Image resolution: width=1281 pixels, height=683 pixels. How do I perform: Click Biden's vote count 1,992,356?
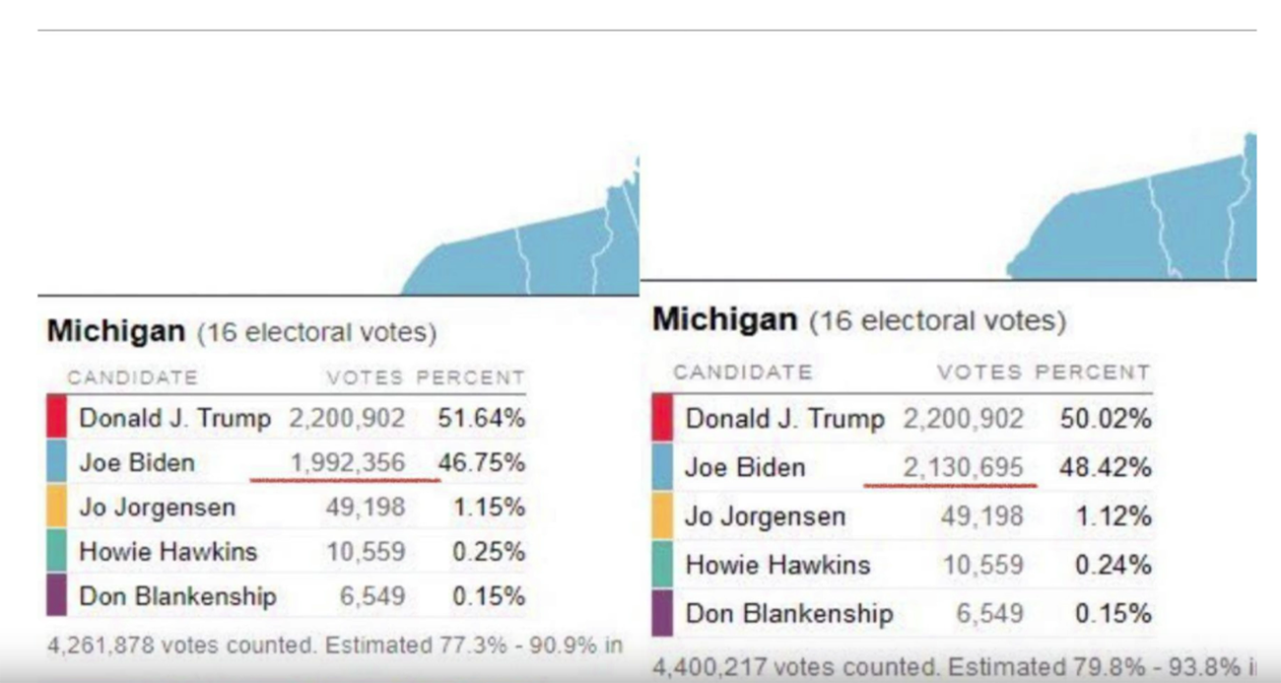coord(347,462)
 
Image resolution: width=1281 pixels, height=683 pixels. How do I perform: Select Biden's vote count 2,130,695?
coord(963,467)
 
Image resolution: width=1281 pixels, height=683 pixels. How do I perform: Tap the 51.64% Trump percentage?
coord(481,418)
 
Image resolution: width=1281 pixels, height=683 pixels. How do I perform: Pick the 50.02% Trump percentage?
coord(1105,419)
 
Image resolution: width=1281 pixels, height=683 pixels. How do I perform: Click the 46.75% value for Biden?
coord(481,462)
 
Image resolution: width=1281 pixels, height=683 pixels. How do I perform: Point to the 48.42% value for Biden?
coord(1105,467)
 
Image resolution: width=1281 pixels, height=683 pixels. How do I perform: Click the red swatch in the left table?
coord(56,417)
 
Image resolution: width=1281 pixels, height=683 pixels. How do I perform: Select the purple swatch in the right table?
coord(662,613)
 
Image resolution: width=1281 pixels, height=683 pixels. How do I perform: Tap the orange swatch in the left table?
coord(56,508)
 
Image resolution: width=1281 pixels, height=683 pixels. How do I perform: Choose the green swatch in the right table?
coord(662,565)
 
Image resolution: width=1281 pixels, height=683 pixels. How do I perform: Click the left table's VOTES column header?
coord(365,377)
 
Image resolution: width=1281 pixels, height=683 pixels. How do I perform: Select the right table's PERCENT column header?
coord(1092,373)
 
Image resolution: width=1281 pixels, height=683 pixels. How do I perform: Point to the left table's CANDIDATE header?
coord(132,377)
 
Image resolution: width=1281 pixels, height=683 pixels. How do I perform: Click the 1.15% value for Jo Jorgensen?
coord(488,508)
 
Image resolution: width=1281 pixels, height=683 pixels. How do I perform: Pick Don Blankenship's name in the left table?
coord(177,596)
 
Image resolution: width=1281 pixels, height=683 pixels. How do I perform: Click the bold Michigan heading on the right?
coord(724,319)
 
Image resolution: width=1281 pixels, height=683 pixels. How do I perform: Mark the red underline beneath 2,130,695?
coord(950,485)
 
